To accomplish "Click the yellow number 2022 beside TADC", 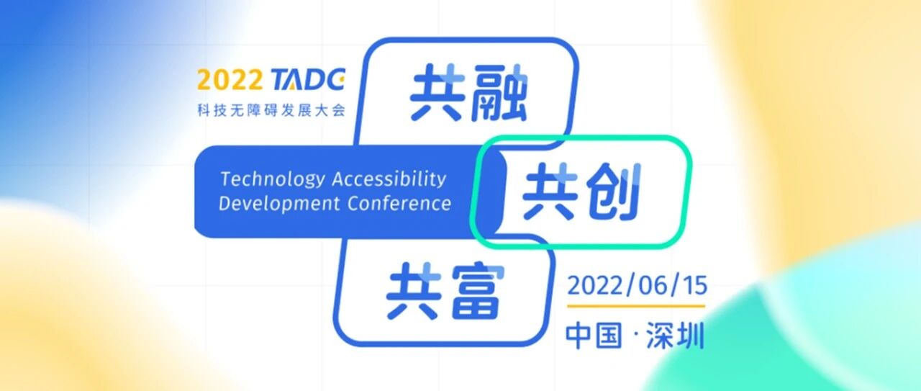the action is (x=230, y=79).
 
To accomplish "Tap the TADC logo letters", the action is (x=308, y=79).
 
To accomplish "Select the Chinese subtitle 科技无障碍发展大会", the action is (x=271, y=110).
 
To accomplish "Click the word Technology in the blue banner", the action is (x=273, y=180).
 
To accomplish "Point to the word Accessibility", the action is (x=389, y=180).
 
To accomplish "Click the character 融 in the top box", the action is (x=498, y=93).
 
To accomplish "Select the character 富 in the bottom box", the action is (x=478, y=292).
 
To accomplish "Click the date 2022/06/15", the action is (x=637, y=286).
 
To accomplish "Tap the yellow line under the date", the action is (x=636, y=306).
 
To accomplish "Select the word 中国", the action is (x=594, y=336).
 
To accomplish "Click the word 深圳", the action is (x=675, y=336).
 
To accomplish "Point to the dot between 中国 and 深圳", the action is (x=635, y=336).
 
